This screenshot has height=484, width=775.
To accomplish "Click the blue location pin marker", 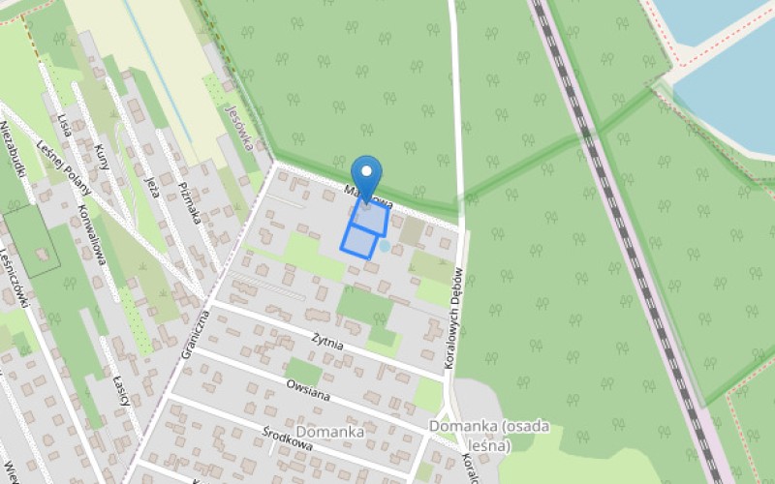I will tap(366, 175).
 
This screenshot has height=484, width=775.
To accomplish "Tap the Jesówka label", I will tap(236, 127).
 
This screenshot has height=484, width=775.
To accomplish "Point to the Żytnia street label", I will tap(328, 341).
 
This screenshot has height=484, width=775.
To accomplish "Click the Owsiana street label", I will tap(308, 390).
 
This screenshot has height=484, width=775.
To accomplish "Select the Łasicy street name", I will tap(121, 392).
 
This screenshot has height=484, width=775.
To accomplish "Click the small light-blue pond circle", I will tap(385, 247).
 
